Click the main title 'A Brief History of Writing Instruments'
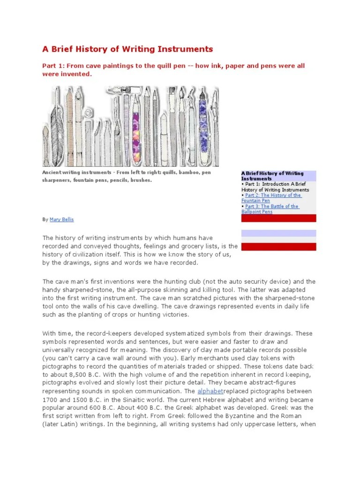[127, 49]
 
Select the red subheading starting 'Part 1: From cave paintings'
[173, 66]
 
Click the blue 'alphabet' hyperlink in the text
[210, 391]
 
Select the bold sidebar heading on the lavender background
[272, 176]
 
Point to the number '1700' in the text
[50, 399]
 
